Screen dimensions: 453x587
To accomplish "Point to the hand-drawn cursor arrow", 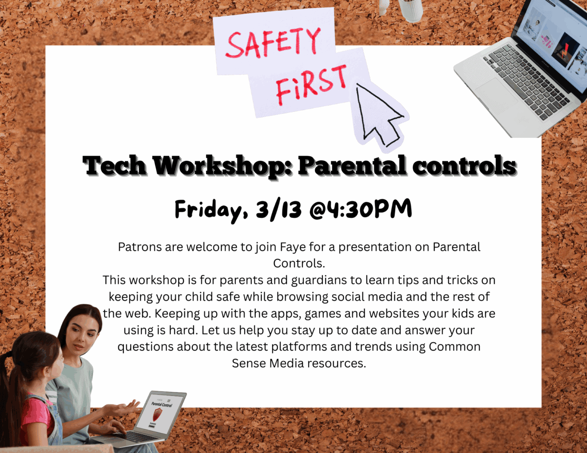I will click(x=380, y=114).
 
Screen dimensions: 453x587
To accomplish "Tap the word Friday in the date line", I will click(x=205, y=210).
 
